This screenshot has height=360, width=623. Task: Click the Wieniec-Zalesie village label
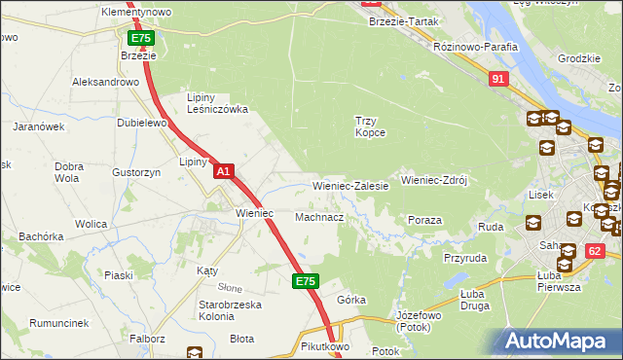(350, 185)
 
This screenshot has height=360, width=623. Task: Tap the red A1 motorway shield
(224, 171)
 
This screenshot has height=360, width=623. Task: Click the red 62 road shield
(596, 252)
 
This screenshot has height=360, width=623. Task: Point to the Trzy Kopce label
(370, 126)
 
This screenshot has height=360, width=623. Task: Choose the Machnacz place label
(319, 217)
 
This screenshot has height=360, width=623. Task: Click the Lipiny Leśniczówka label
(218, 103)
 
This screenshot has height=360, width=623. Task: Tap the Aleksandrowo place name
(107, 83)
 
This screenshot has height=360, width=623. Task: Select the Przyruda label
(465, 259)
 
